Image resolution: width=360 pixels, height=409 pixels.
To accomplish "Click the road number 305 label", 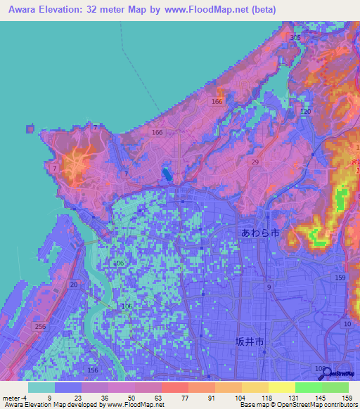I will (295, 37).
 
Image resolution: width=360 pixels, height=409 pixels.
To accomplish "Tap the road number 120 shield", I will (305, 112).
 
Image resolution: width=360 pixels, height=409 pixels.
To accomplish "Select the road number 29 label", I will (255, 162).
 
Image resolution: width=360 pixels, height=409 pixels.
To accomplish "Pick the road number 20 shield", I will (74, 284).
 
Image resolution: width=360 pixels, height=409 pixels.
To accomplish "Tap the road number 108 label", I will (321, 369).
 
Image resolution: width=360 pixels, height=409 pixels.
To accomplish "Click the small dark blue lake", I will (167, 173).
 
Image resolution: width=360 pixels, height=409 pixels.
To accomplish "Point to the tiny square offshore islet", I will (30, 129).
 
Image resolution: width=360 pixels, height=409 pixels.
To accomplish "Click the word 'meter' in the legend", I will (11, 398).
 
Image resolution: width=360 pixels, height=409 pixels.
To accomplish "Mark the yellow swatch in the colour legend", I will (281, 387).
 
